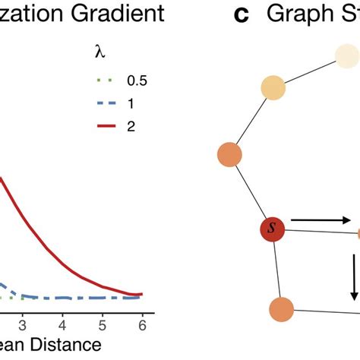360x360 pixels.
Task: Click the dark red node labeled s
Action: point(271,229)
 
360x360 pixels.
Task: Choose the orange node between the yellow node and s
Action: point(229,155)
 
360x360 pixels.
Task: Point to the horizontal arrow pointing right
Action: point(321,221)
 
